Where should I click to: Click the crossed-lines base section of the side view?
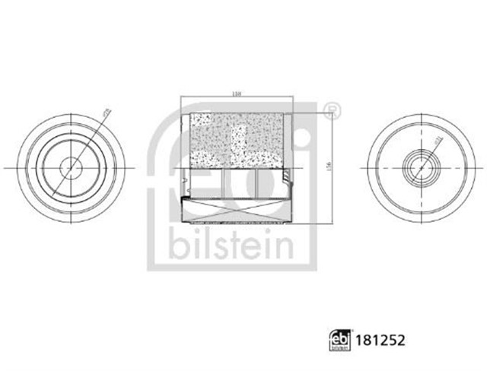click(237, 210)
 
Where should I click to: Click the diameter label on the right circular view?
click(439, 142)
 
